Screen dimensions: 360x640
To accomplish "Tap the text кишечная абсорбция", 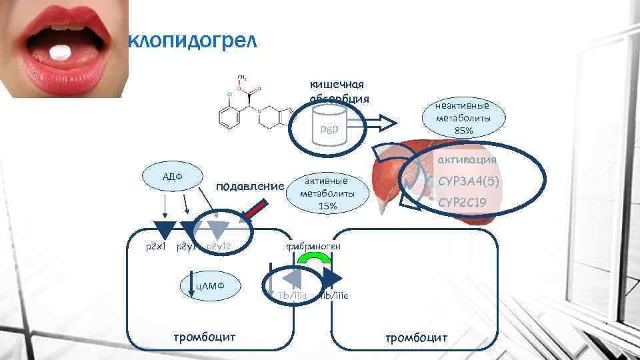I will coord(337,91).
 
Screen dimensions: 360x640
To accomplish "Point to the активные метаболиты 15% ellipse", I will coord(327,193).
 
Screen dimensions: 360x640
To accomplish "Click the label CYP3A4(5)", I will coord(469,181).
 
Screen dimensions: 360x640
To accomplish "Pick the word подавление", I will coord(251,185).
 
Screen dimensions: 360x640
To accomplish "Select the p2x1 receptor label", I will coord(155,247).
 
